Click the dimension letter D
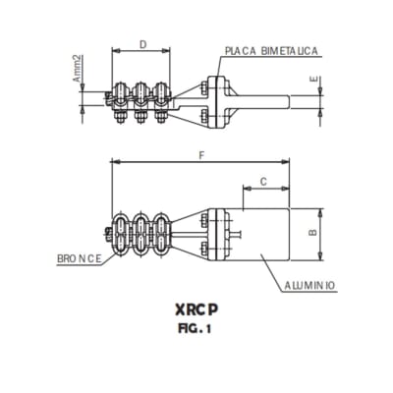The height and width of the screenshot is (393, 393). click(x=143, y=44)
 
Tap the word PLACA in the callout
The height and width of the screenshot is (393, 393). click(x=241, y=50)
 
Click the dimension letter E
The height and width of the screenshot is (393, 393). click(x=312, y=80)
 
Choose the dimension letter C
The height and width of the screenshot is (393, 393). click(x=263, y=181)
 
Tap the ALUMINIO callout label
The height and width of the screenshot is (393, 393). click(x=310, y=285)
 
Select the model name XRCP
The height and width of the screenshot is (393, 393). click(x=196, y=309)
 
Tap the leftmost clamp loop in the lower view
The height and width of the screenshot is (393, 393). click(x=123, y=235)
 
